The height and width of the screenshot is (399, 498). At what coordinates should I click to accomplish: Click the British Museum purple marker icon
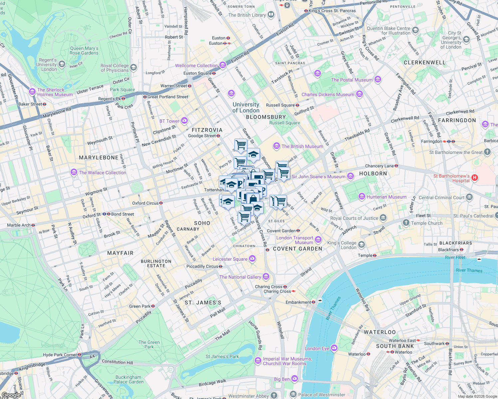pyautogui.click(x=276, y=146)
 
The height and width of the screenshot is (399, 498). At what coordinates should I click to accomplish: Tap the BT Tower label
pyautogui.click(x=169, y=121)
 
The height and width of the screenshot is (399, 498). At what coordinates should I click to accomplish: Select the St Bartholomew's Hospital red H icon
pyautogui.click(x=475, y=178)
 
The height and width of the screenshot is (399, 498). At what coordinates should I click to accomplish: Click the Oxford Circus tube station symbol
pyautogui.click(x=161, y=203)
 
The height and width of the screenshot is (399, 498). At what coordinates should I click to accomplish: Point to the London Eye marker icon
pyautogui.click(x=334, y=348)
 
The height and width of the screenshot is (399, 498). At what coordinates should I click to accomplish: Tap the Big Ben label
pyautogui.click(x=282, y=379)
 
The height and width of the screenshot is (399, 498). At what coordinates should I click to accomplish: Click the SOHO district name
pyautogui.click(x=202, y=223)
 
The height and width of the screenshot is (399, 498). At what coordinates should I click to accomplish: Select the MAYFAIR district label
pyautogui.click(x=120, y=253)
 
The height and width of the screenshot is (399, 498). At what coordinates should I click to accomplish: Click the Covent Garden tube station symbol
pyautogui.click(x=298, y=230)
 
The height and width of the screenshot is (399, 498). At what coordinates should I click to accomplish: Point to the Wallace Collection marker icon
pyautogui.click(x=74, y=172)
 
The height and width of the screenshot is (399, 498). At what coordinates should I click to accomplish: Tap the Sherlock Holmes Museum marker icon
pyautogui.click(x=32, y=91)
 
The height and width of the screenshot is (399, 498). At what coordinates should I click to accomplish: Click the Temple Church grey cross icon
pyautogui.click(x=406, y=223)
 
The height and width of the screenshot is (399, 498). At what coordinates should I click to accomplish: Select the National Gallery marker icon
pyautogui.click(x=266, y=277)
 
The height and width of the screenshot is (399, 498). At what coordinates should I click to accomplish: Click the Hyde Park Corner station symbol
pyautogui.click(x=79, y=355)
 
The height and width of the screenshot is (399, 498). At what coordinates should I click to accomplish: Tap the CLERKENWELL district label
pyautogui.click(x=424, y=63)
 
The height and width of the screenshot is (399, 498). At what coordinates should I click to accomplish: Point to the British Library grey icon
pyautogui.click(x=271, y=15)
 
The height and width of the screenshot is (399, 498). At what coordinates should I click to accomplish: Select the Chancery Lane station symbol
pyautogui.click(x=396, y=166)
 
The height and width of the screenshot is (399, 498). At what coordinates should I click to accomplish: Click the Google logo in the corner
pyautogui.click(x=11, y=395)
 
